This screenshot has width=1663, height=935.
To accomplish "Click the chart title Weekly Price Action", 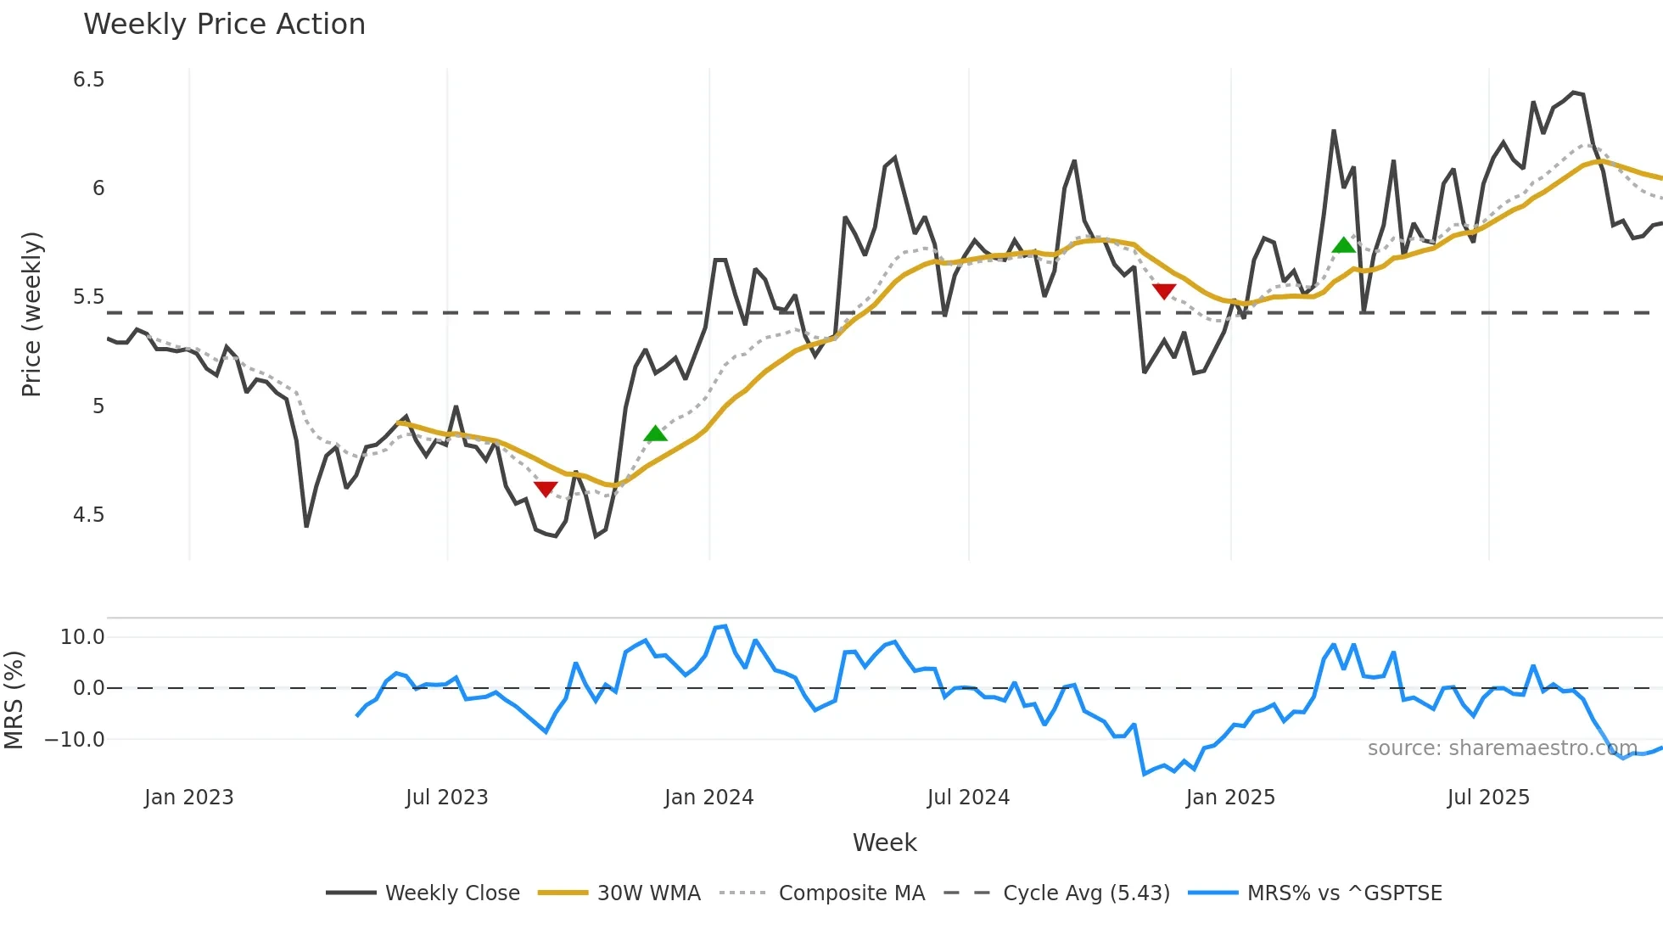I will pos(224,25).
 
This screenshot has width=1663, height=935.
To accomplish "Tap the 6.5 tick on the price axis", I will pos(88,80).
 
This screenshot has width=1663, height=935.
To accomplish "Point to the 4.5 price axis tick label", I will pos(88,515).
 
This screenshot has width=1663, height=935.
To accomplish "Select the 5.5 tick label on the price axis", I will pos(88,297).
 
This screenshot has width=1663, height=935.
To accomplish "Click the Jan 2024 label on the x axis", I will pos(708,798).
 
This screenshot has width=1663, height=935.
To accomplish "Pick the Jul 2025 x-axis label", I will pos(1488,798).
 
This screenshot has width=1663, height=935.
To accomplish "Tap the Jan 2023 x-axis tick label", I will pos(188,798).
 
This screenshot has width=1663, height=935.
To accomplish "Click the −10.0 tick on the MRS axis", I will pos(75,740).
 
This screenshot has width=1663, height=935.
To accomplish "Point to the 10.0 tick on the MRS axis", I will pos(82,637).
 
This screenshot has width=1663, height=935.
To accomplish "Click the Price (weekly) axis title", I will pos(31,314).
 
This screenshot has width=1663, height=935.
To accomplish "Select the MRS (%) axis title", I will pos(14,700).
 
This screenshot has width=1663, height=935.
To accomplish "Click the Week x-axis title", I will pos(884,843).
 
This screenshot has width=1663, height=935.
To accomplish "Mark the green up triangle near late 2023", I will pos(655,434).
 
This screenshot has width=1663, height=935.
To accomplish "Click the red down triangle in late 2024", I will pos(1164,291).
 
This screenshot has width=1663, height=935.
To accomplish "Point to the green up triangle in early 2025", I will pos(1344,246).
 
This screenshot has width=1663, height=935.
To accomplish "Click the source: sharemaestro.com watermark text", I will pos(1502,748).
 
